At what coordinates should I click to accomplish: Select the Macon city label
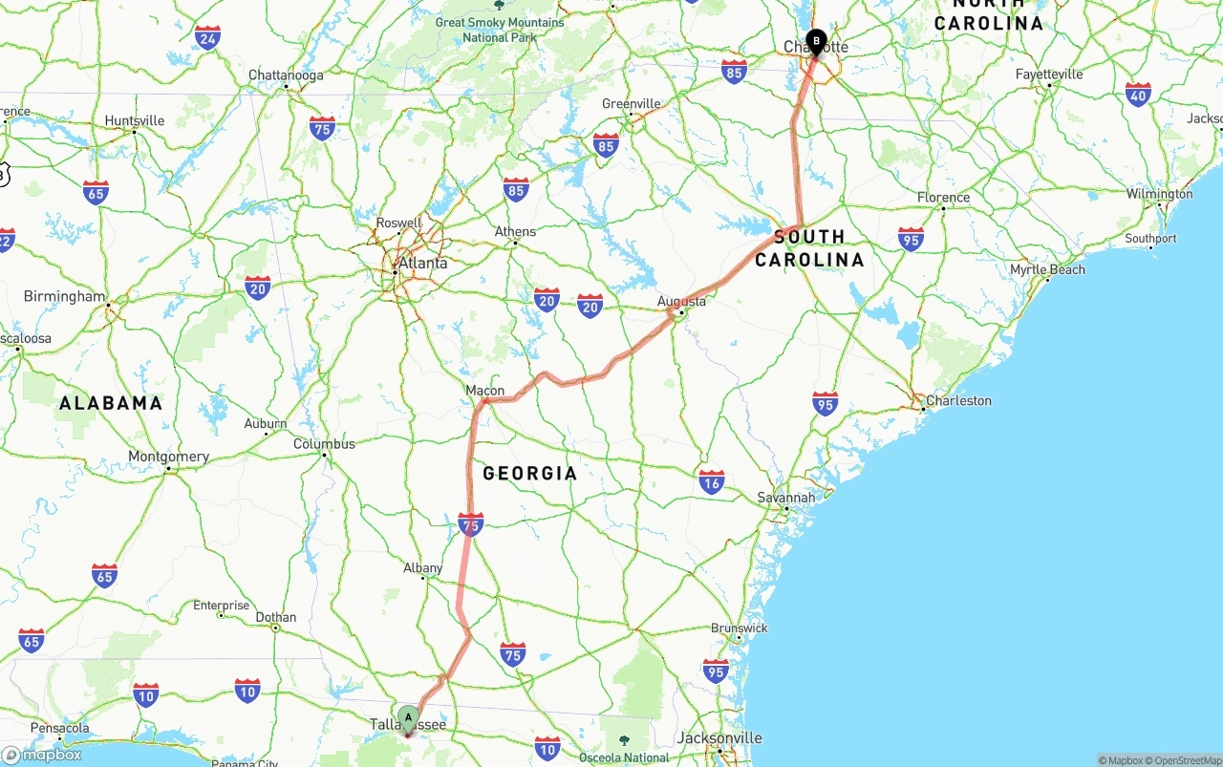484,391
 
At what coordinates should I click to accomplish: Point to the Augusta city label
682,302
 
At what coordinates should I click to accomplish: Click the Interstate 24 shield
207,38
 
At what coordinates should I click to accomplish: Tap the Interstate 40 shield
1137,94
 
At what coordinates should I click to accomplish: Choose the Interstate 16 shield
711,480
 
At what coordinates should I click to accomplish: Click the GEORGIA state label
529,473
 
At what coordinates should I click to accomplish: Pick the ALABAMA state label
111,403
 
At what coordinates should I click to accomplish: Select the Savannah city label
786,498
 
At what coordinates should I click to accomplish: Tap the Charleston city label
958,401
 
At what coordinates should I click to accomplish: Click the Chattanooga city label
286,75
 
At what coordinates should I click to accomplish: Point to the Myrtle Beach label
1047,270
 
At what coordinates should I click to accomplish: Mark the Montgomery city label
168,457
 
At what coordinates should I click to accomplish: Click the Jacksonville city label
719,738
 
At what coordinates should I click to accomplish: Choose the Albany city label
422,568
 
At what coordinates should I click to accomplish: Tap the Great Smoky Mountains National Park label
500,30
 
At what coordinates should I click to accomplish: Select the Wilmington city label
1159,194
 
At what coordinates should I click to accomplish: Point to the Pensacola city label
59,729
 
